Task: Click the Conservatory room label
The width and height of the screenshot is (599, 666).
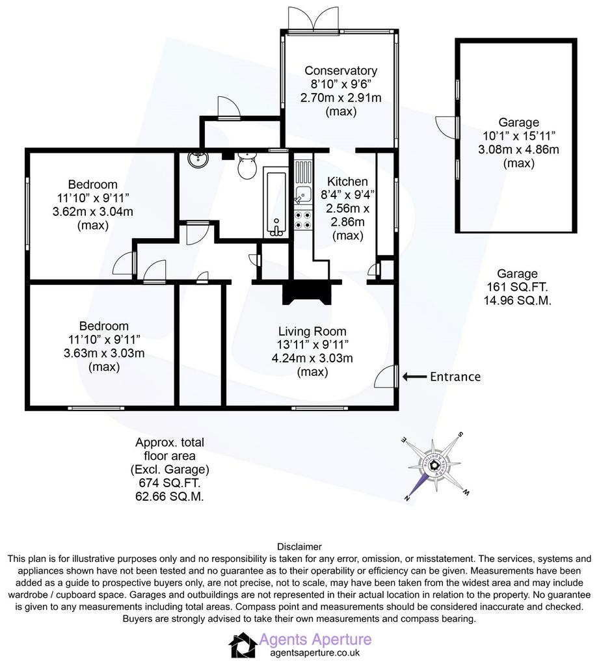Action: [341, 70]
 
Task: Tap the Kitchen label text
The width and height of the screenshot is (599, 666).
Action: [347, 181]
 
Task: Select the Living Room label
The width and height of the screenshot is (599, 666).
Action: [312, 331]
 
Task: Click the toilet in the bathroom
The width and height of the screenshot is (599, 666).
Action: [246, 165]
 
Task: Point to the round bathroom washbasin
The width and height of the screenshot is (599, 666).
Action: [198, 159]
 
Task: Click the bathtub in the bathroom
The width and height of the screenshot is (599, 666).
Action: [277, 203]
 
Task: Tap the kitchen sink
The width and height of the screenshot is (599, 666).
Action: [303, 195]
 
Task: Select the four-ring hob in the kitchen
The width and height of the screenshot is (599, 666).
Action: [303, 220]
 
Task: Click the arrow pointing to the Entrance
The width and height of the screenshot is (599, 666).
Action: [414, 377]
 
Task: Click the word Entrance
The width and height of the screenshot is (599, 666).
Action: [455, 377]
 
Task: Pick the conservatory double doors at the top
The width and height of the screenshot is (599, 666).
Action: [313, 19]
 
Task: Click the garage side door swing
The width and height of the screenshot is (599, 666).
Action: [446, 126]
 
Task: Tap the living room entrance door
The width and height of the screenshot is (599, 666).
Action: [386, 376]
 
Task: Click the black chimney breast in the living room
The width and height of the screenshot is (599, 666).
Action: [307, 293]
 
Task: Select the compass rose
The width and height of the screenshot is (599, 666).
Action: [434, 466]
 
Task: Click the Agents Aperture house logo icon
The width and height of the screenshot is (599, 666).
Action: [243, 645]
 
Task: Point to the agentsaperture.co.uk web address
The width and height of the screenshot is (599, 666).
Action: [315, 653]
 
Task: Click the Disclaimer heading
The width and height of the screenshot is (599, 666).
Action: [299, 546]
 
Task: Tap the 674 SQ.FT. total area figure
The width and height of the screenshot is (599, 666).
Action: [170, 483]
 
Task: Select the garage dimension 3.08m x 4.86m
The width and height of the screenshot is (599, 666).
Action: [518, 150]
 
